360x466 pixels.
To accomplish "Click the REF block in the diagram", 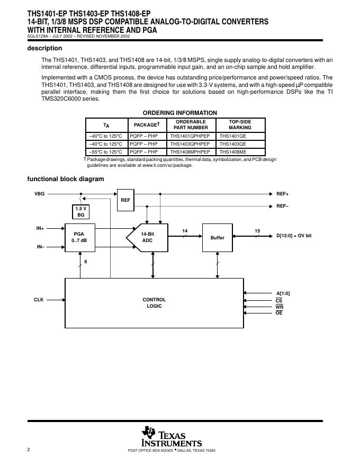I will click(125, 200).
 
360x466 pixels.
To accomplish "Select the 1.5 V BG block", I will click(80, 212).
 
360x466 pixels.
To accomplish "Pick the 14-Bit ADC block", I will click(147, 238).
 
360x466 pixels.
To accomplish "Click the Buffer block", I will click(218, 238).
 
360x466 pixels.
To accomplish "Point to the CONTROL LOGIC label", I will click(154, 303).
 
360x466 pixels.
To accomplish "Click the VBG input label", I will click(40, 194).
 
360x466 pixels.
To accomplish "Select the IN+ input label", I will click(40, 228).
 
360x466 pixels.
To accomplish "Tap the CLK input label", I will click(39, 300).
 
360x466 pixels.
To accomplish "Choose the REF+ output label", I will click(283, 194).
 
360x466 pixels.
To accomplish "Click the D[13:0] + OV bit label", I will click(294, 235).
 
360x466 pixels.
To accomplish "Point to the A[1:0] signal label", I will click(283, 293).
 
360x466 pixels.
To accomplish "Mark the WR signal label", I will click(280, 307).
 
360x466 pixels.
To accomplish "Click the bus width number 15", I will click(257, 231).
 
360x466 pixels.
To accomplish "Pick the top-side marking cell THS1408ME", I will click(233, 151).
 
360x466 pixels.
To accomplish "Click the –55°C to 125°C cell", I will click(105, 151).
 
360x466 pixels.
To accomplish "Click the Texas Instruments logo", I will click(172, 436).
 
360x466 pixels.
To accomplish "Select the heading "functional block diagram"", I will click(66, 179).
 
